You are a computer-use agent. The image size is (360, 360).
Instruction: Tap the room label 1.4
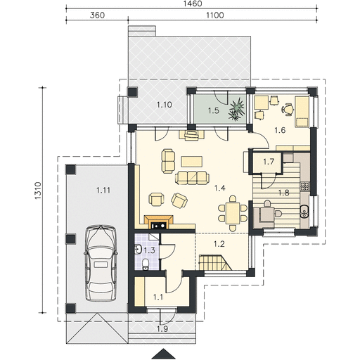(x=220, y=188)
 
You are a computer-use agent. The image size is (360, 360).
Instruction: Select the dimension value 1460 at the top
(x=192, y=4)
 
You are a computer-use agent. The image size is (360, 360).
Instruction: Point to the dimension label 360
(x=97, y=15)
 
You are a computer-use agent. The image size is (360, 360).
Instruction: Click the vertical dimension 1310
(x=38, y=191)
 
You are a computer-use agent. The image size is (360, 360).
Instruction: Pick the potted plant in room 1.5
(x=237, y=109)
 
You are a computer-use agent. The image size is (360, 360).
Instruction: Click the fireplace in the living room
(x=159, y=221)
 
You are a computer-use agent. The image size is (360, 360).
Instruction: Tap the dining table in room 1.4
(x=233, y=213)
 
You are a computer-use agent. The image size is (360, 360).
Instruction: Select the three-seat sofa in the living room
(x=192, y=178)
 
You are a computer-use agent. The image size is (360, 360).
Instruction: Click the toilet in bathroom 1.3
(x=146, y=264)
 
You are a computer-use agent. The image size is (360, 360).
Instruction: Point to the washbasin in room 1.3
(x=138, y=249)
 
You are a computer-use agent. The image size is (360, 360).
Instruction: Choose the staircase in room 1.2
(x=215, y=262)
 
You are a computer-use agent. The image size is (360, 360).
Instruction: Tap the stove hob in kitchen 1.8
(x=305, y=186)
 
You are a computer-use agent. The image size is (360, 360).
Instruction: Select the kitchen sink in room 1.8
(x=305, y=212)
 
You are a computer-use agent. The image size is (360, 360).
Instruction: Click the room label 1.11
(x=103, y=190)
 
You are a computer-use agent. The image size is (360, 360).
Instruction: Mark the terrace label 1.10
(x=165, y=105)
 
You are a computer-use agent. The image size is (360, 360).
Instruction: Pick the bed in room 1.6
(x=302, y=112)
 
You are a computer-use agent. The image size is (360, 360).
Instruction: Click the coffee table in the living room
(x=192, y=162)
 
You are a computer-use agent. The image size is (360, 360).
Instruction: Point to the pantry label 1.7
(x=269, y=162)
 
